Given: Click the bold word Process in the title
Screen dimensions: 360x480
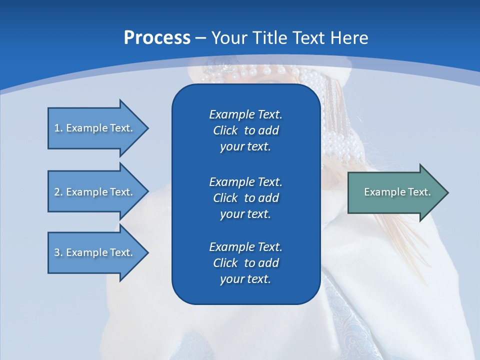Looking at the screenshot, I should point(157,38).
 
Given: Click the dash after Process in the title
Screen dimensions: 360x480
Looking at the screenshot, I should point(200,38).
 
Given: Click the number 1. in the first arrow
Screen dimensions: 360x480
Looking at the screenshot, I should point(58,128).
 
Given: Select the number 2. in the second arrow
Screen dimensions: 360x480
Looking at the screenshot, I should point(58,192).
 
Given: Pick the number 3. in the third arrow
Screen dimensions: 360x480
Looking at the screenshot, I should point(58,252).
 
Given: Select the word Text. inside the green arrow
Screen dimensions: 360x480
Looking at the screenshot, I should point(419,192).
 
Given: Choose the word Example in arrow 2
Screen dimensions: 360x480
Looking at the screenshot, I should point(87,192).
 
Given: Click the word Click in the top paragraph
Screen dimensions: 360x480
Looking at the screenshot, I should point(225,130).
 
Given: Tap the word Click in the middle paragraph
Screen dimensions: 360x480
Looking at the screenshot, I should point(225,198).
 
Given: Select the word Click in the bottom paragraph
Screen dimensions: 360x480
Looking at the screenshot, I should point(225,263).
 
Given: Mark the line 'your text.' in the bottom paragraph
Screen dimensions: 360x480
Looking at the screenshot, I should point(245,279).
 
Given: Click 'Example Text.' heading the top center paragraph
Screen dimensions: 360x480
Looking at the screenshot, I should point(245,114).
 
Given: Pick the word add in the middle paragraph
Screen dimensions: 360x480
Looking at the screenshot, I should point(269,198).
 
